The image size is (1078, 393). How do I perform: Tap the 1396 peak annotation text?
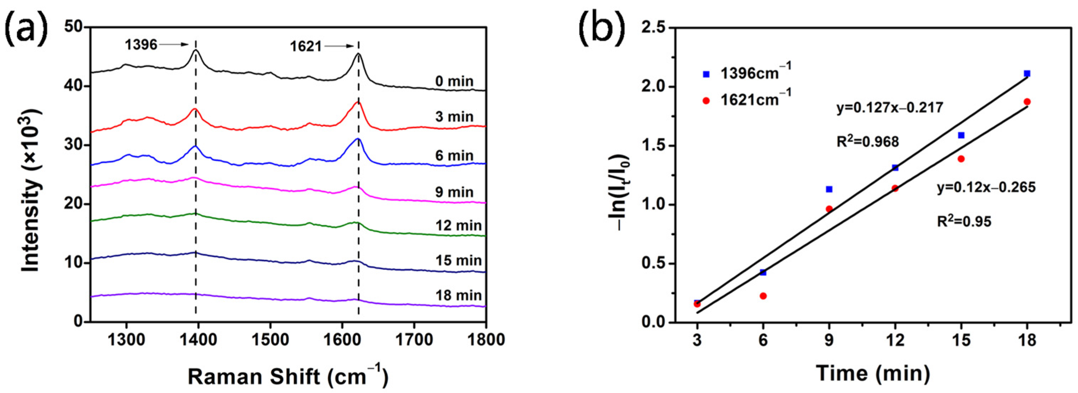pyautogui.click(x=141, y=44)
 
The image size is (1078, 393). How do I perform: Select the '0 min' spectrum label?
pyautogui.click(x=454, y=81)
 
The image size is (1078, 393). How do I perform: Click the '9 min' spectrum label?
pyautogui.click(x=454, y=192)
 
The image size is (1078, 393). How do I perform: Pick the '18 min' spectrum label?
pyautogui.click(x=458, y=296)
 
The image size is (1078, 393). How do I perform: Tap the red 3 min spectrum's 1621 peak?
pyautogui.click(x=358, y=102)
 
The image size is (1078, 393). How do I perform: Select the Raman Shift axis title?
pyautogui.click(x=288, y=376)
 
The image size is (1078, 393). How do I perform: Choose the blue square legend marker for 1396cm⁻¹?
pyautogui.click(x=706, y=74)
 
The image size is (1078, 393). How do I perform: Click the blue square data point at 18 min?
pyautogui.click(x=1026, y=74)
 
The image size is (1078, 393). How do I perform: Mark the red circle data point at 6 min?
pyautogui.click(x=763, y=296)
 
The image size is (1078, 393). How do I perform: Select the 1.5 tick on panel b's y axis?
pyautogui.click(x=655, y=146)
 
